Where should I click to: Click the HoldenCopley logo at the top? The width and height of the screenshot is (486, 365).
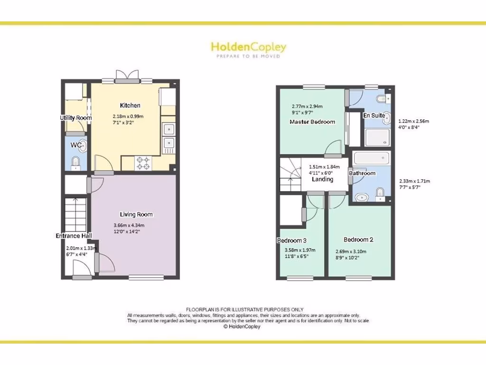248,47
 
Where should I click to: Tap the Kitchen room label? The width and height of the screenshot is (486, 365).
130,106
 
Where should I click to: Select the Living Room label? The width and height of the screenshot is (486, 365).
136,215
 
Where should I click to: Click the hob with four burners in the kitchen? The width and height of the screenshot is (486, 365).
143,163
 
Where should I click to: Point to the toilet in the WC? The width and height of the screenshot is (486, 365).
75,163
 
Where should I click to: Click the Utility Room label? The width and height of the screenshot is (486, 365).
75,118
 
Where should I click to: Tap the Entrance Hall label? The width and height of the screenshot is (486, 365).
74,236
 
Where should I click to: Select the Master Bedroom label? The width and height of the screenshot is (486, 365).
312,122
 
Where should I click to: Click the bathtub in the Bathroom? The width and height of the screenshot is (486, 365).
371,158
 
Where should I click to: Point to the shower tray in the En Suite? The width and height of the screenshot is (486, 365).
377,138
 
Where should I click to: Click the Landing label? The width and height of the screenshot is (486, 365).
322,180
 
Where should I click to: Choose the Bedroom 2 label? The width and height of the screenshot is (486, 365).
358,240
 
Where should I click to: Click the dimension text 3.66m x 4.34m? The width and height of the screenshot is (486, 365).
129,225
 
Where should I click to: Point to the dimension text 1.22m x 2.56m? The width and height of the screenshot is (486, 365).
413,121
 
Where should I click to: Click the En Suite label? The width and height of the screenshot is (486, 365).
374,115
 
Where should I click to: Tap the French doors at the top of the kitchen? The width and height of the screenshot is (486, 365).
128,77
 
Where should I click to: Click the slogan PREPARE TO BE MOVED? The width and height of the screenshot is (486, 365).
248,56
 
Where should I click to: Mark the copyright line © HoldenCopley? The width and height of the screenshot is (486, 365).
242,327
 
